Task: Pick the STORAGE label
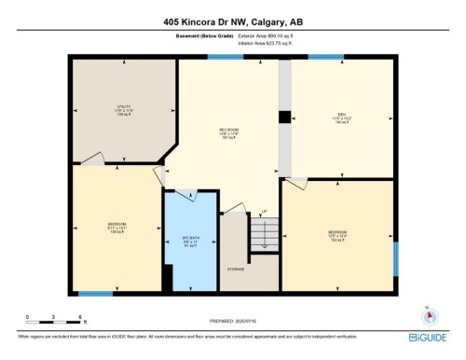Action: [235, 270]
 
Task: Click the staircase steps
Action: [264, 232]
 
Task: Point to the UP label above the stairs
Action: [264, 212]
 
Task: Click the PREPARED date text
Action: [233, 317]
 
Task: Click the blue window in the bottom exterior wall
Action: [95, 294]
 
